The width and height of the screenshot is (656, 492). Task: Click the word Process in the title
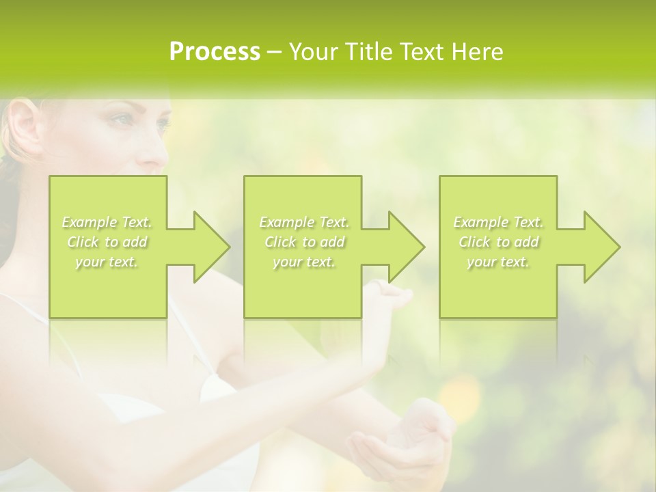(215, 52)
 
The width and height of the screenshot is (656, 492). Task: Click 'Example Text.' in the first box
(107, 222)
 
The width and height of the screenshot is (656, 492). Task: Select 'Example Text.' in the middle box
(304, 222)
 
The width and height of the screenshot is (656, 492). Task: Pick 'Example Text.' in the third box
(498, 222)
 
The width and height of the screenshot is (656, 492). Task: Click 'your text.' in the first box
(107, 262)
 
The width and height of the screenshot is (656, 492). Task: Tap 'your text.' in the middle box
(304, 262)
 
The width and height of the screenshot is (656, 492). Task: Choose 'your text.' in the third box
(498, 262)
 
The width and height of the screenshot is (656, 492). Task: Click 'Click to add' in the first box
(107, 242)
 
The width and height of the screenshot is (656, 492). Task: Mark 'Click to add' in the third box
(498, 242)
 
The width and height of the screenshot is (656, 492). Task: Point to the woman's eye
(122, 120)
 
